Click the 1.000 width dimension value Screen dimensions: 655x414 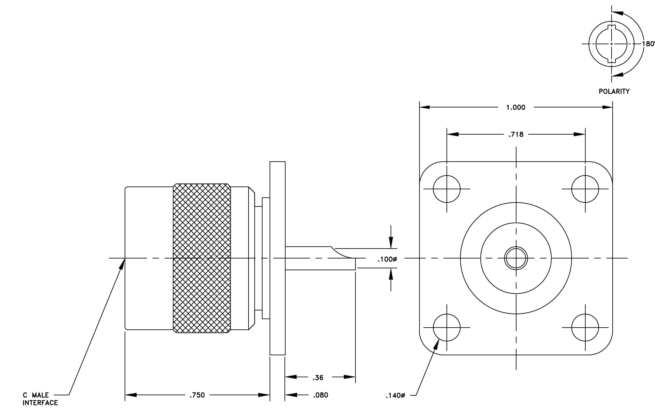[x=516, y=107]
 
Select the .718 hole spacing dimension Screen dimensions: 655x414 [x=516, y=134]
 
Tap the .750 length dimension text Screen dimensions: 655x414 [x=197, y=395]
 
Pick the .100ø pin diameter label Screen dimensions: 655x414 [x=387, y=259]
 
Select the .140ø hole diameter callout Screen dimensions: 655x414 [x=395, y=395]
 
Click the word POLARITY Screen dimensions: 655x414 [x=614, y=91]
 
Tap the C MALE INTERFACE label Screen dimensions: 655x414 [x=40, y=399]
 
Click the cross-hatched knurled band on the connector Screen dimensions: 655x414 [x=202, y=258]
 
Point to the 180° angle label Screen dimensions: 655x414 [x=649, y=44]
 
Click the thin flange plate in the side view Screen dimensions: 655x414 [x=277, y=258]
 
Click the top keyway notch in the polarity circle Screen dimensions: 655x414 [x=611, y=26]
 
